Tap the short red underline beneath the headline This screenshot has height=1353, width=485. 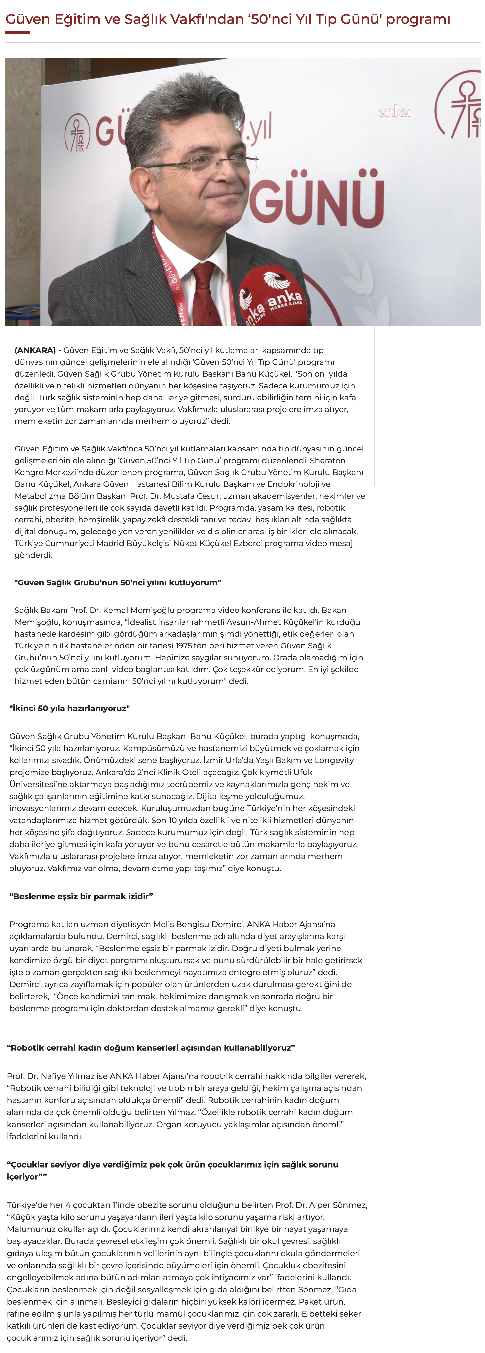pos(17,32)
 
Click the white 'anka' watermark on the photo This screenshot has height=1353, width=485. pos(394,111)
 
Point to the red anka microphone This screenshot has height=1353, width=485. pos(271,297)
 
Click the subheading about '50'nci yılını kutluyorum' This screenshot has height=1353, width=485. pos(118,582)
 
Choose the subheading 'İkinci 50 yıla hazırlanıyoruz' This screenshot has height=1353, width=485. pos(69,708)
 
